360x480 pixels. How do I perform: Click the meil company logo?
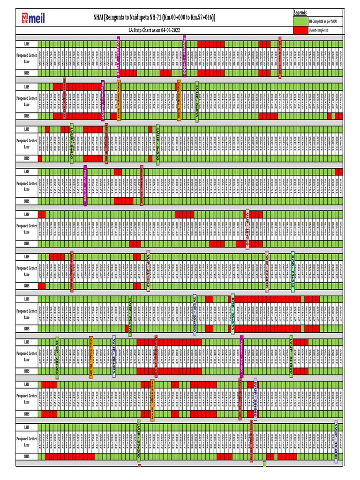[x=31, y=18]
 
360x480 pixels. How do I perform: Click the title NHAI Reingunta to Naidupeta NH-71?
[x=155, y=18]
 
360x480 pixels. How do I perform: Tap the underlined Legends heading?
[x=300, y=12]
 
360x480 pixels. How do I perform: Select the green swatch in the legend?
[x=300, y=21]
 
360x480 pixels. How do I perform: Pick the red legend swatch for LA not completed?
[x=300, y=30]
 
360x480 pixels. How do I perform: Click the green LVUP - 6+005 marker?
[x=197, y=101]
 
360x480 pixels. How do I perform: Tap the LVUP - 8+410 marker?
[x=72, y=143]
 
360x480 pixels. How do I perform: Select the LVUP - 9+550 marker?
[x=158, y=143]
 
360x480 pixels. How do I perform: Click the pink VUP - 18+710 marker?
[x=247, y=229]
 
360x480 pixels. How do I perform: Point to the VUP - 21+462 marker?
[x=148, y=271]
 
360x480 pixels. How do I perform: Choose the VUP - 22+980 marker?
[x=267, y=271]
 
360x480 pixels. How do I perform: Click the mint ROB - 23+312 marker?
[x=292, y=271]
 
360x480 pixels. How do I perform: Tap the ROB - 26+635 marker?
[x=232, y=313]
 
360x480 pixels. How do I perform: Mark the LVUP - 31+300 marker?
[x=291, y=356]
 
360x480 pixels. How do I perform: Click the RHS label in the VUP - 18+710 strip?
[x=27, y=243]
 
